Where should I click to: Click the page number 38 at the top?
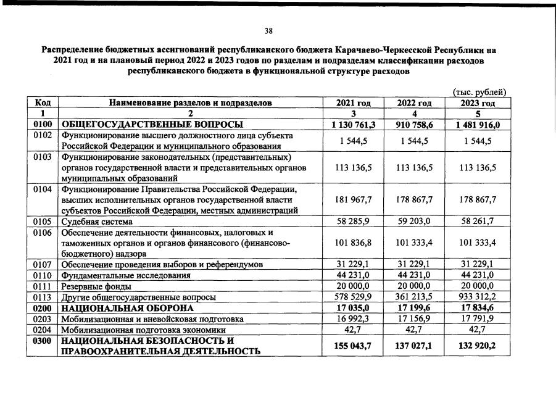pyautogui.click(x=268, y=31)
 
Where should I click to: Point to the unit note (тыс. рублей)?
pyautogui.click(x=479, y=92)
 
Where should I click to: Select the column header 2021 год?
pyautogui.click(x=354, y=103)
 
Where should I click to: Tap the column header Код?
pyautogui.click(x=42, y=103)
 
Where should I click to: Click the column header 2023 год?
pyautogui.click(x=478, y=103)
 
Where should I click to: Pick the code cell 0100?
pyautogui.click(x=42, y=124)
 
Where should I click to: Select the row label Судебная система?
pyautogui.click(x=96, y=221)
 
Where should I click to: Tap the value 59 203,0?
pyautogui.click(x=413, y=221)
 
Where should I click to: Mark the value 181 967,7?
pyautogui.click(x=354, y=199)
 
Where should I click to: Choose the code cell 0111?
pyautogui.click(x=42, y=286)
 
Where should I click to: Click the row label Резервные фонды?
pyautogui.click(x=95, y=286)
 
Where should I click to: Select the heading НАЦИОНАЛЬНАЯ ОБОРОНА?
pyautogui.click(x=127, y=308)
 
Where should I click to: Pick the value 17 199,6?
pyautogui.click(x=413, y=308)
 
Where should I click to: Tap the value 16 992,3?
pyautogui.click(x=354, y=319)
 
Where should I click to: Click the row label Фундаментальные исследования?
pyautogui.click(x=125, y=275)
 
